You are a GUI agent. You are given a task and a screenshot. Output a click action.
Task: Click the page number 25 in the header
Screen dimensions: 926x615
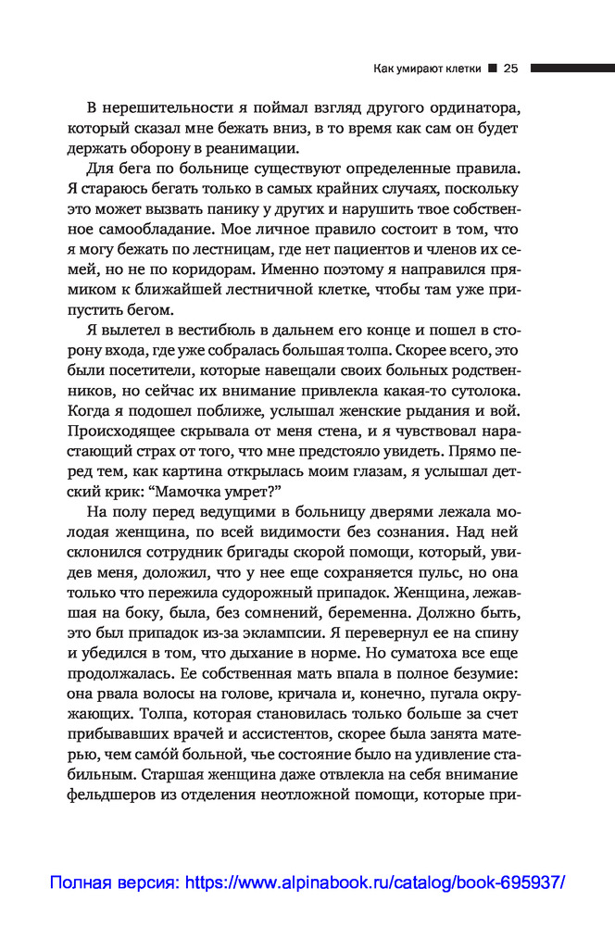509,68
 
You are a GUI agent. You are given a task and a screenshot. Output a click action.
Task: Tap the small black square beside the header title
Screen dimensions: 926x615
493,68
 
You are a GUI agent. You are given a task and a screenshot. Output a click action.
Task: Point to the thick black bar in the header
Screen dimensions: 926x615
572,68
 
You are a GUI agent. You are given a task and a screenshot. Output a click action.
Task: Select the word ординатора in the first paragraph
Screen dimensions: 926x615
467,106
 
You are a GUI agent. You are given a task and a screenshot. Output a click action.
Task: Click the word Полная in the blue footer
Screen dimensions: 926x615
81,883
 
